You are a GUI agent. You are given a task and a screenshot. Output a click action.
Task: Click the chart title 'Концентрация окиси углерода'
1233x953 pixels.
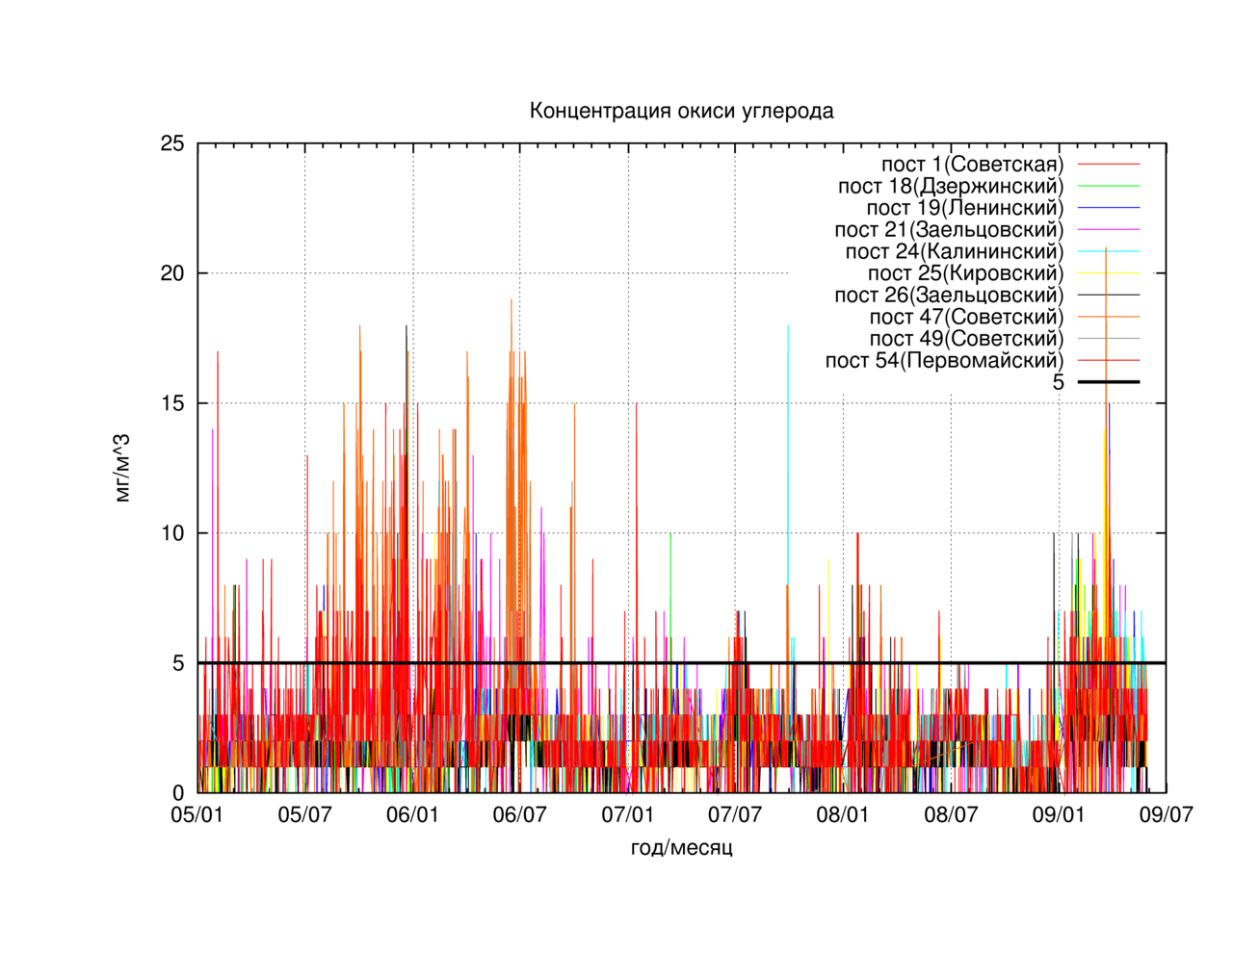(x=681, y=111)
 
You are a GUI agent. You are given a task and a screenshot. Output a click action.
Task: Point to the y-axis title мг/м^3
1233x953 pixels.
(x=122, y=468)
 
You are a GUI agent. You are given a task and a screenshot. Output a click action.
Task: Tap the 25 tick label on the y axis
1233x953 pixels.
(x=172, y=143)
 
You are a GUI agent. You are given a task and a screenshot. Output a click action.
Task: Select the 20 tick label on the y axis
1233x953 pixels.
(x=172, y=273)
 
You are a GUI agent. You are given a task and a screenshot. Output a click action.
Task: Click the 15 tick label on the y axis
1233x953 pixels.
(x=172, y=403)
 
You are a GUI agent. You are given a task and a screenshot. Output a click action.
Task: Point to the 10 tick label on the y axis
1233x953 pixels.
(x=172, y=533)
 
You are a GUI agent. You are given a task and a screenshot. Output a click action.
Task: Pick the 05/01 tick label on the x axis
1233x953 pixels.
(x=197, y=814)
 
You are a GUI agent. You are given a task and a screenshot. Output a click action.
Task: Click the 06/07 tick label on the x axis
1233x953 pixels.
(x=520, y=814)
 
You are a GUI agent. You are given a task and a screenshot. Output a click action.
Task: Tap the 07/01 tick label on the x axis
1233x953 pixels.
(x=627, y=814)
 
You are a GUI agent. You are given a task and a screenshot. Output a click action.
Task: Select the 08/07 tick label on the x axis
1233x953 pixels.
(x=951, y=814)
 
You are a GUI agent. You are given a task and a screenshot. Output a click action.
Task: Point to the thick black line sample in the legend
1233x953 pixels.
(x=1109, y=382)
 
